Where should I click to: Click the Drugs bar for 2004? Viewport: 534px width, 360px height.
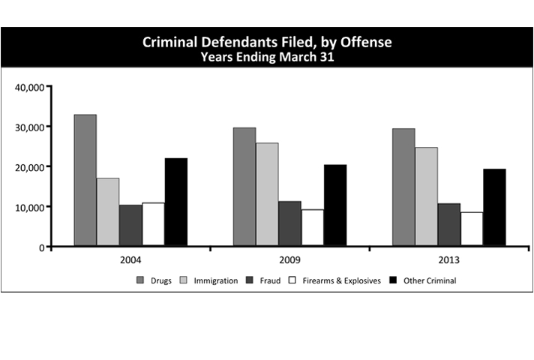click(x=85, y=180)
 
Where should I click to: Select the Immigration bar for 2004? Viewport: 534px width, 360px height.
click(x=108, y=211)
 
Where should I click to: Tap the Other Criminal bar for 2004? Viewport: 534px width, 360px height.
click(x=176, y=202)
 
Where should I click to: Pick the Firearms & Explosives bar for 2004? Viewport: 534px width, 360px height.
click(x=153, y=224)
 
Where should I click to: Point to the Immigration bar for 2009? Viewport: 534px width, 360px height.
click(x=267, y=194)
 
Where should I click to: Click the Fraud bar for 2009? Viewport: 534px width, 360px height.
click(x=289, y=223)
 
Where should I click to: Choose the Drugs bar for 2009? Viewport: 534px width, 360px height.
click(x=244, y=187)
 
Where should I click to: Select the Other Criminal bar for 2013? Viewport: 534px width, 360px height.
click(x=494, y=207)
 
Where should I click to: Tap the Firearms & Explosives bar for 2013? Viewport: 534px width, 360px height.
click(x=472, y=229)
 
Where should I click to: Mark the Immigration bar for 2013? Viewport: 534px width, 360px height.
click(x=426, y=196)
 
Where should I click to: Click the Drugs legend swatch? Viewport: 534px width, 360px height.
click(x=140, y=280)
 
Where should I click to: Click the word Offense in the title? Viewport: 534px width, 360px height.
click(x=364, y=42)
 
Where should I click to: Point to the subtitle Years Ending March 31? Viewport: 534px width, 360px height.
click(x=267, y=57)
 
